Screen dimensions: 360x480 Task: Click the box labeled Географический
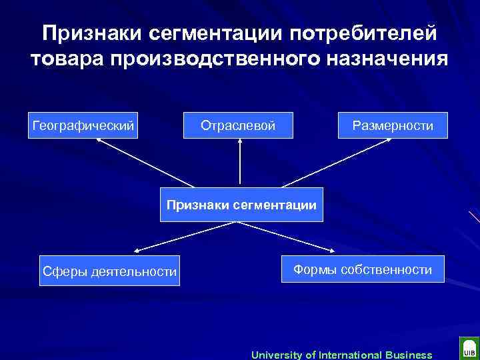click(83, 125)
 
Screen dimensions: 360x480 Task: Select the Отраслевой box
click(238, 125)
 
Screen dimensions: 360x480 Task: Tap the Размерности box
click(392, 125)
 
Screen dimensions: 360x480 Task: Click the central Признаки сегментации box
click(241, 205)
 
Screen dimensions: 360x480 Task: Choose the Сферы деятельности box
click(109, 271)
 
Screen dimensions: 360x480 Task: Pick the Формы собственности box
click(363, 269)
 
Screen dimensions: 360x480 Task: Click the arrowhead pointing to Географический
click(100, 142)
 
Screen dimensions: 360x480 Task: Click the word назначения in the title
click(387, 58)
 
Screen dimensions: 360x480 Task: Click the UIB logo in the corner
click(469, 349)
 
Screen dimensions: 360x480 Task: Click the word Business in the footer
click(408, 355)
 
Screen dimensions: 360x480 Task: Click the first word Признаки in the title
click(91, 33)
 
